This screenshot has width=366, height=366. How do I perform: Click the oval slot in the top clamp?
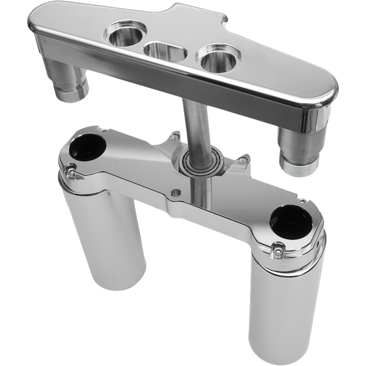point(165,51)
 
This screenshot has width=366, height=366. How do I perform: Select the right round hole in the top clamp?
point(218,58)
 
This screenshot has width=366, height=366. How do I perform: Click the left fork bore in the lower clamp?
point(88,147)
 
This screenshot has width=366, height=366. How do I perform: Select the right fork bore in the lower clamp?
point(291,222)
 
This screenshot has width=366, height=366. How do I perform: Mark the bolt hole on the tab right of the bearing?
point(243,161)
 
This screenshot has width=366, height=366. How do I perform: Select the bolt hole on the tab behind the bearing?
point(174,136)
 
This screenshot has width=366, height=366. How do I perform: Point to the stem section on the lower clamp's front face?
point(201,194)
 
